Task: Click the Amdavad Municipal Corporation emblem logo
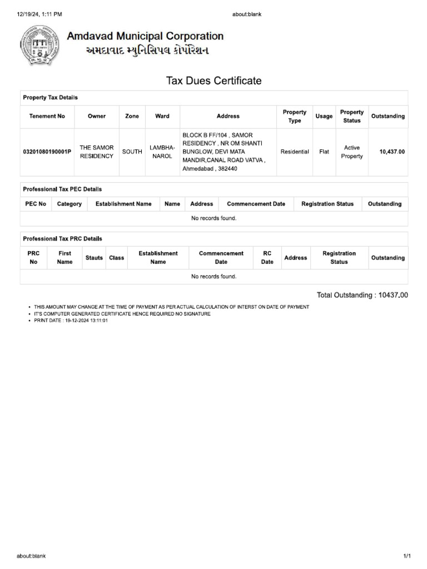click(39, 44)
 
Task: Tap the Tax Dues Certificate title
click(213, 81)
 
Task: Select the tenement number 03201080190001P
click(47, 152)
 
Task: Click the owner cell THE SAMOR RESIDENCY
click(97, 152)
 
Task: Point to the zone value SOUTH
click(132, 152)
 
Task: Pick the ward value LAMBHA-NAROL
click(162, 152)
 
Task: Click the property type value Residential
click(295, 152)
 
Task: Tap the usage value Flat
click(324, 152)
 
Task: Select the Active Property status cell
click(352, 152)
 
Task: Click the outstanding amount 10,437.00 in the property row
click(392, 152)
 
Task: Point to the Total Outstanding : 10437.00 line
click(362, 295)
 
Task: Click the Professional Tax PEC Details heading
click(62, 189)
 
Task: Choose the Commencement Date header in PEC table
click(256, 204)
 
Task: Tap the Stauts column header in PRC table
click(94, 258)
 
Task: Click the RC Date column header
click(267, 257)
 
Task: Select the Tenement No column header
click(47, 116)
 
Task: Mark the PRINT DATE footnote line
click(71, 321)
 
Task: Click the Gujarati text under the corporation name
click(139, 51)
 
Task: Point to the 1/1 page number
click(407, 556)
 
